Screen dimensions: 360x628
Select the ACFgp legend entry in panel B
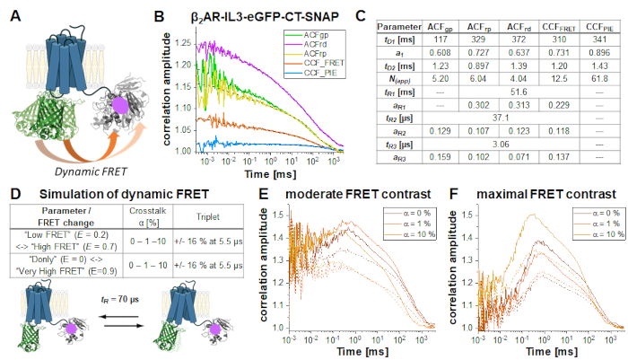tap(312, 33)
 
